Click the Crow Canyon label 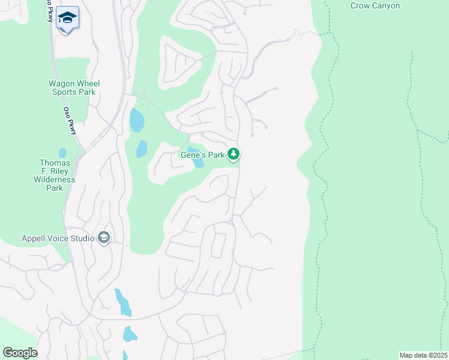pyautogui.click(x=376, y=6)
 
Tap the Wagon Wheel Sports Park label pyautogui.click(x=74, y=88)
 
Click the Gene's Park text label pyautogui.click(x=203, y=155)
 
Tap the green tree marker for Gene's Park pyautogui.click(x=234, y=154)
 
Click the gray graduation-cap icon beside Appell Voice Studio pyautogui.click(x=104, y=238)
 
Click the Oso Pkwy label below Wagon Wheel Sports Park pyautogui.click(x=70, y=121)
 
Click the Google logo pyautogui.click(x=20, y=353)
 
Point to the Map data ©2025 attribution pyautogui.click(x=423, y=355)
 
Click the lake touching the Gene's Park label pyautogui.click(x=196, y=157)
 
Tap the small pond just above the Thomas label pyautogui.click(x=62, y=152)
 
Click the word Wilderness pyautogui.click(x=55, y=179)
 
